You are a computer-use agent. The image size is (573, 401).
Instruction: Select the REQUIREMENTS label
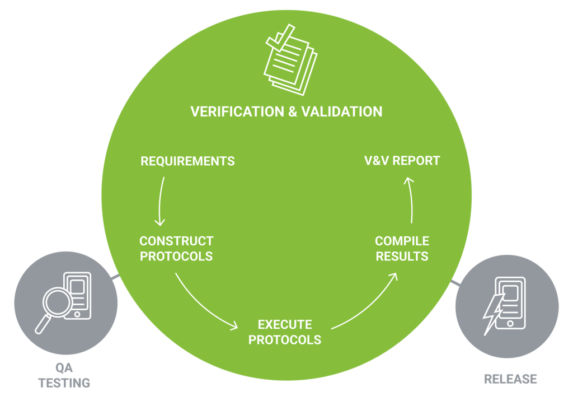tap(187, 161)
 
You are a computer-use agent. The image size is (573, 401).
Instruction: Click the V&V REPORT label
tap(402, 161)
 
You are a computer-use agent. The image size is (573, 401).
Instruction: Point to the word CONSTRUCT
tap(176, 241)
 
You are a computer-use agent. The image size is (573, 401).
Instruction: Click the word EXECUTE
tap(285, 325)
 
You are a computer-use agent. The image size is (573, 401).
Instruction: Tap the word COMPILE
tap(402, 241)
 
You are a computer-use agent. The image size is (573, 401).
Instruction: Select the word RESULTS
tap(402, 257)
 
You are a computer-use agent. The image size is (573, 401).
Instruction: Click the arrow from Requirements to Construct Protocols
tap(161, 202)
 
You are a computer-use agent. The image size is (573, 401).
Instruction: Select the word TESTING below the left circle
tap(64, 383)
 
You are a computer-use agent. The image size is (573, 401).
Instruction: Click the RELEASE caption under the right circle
tap(510, 379)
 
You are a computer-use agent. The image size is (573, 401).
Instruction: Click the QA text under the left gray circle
tap(64, 369)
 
